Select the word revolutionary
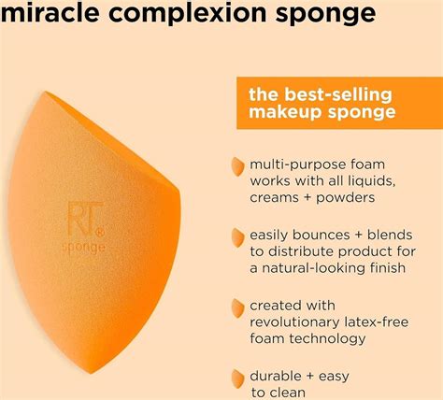[291, 321]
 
